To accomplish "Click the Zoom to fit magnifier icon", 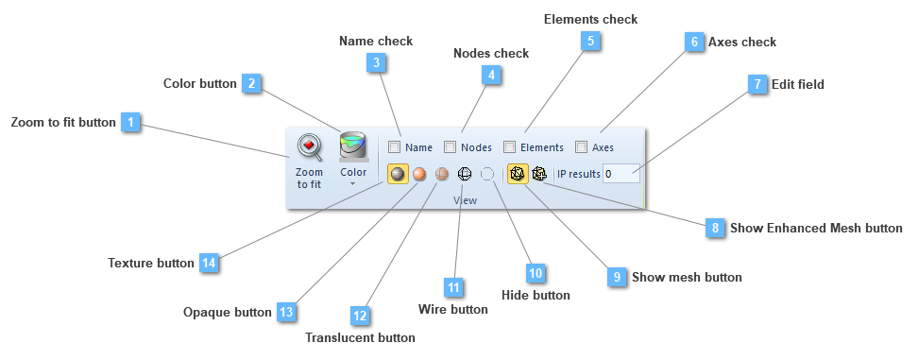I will tap(309, 147).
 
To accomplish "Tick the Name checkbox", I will tap(394, 147).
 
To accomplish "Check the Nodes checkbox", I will tap(450, 147).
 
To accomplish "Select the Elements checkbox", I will tap(510, 147).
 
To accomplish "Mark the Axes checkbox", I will tap(582, 147).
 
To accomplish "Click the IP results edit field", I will tap(622, 174).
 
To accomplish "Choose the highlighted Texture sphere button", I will tap(398, 174).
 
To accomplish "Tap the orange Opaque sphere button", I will tap(419, 174).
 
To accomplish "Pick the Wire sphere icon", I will tap(464, 174).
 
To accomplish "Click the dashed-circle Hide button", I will tap(487, 174).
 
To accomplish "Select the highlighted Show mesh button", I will tap(518, 174).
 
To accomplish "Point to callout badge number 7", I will tap(756, 84).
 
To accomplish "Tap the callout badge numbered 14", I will tap(209, 263).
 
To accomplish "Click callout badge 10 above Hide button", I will tap(535, 273).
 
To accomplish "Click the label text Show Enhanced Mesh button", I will tap(816, 228).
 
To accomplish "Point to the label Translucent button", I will tap(360, 336).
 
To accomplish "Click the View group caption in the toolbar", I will tap(465, 200).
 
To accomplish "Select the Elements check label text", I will tap(590, 19).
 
